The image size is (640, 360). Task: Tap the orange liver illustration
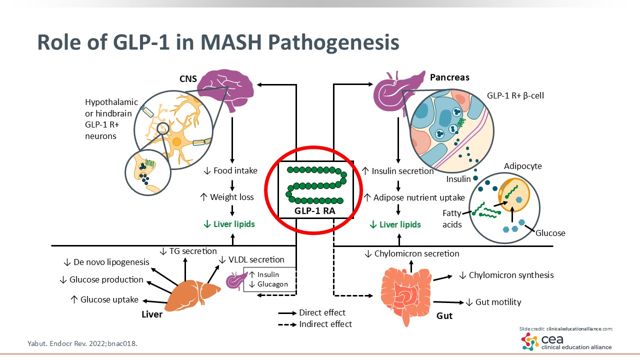click(x=192, y=295)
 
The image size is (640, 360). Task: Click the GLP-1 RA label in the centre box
click(x=315, y=210)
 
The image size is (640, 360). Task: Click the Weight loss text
click(x=226, y=197)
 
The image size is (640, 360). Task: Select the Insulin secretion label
click(x=397, y=171)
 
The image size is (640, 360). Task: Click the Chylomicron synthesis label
click(x=506, y=275)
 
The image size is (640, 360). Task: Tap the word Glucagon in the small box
click(x=272, y=284)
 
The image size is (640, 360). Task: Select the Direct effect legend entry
click(x=322, y=312)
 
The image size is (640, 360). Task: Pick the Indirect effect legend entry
click(x=325, y=324)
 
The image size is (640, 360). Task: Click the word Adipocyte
click(x=522, y=165)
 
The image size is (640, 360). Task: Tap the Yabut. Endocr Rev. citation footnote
click(x=82, y=343)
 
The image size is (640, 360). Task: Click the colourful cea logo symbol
click(x=530, y=341)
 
